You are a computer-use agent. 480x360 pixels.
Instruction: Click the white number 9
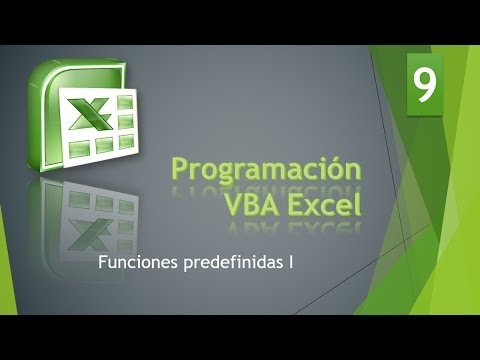[425, 88]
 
